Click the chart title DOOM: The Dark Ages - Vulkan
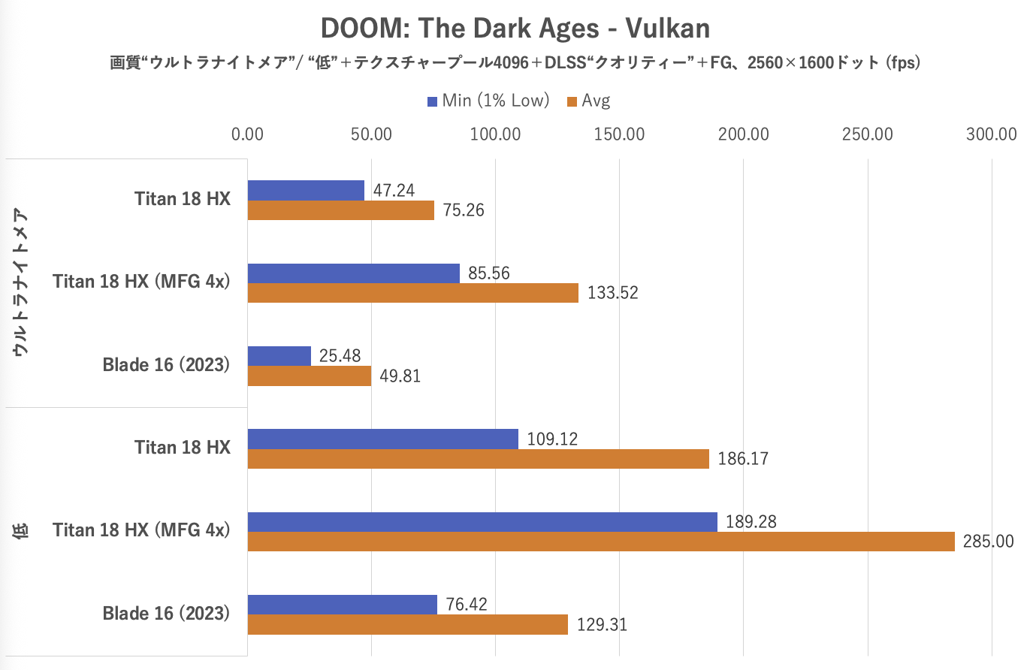pyautogui.click(x=515, y=29)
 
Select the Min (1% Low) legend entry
pyautogui.click(x=488, y=101)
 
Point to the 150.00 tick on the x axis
pyautogui.click(x=619, y=134)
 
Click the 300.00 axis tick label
pyautogui.click(x=991, y=134)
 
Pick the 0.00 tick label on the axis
pyautogui.click(x=248, y=134)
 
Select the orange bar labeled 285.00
pyautogui.click(x=601, y=542)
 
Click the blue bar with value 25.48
pyautogui.click(x=279, y=356)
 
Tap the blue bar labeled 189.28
pyautogui.click(x=482, y=522)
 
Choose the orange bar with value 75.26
pyautogui.click(x=341, y=210)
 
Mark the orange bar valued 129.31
pyautogui.click(x=407, y=624)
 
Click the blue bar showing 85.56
pyautogui.click(x=353, y=273)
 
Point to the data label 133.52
pyautogui.click(x=613, y=293)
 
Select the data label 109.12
pyautogui.click(x=552, y=439)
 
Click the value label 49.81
pyautogui.click(x=400, y=376)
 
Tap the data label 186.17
pyautogui.click(x=743, y=458)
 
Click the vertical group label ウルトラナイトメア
pyautogui.click(x=21, y=282)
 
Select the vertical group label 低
pyautogui.click(x=21, y=531)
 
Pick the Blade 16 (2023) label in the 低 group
pyautogui.click(x=166, y=614)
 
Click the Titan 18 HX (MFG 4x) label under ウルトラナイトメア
pyautogui.click(x=141, y=282)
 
